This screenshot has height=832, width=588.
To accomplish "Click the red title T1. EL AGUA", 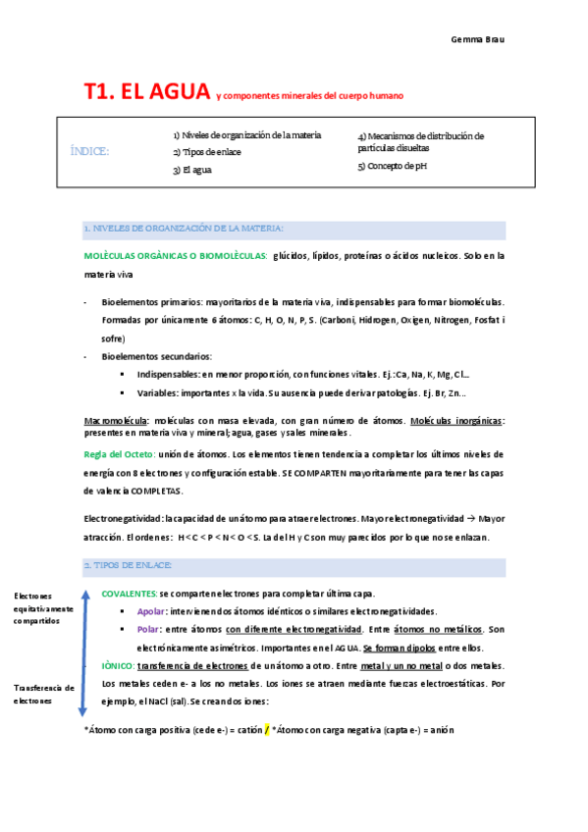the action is [147, 92].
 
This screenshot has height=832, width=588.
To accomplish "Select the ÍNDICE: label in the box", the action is [90, 150].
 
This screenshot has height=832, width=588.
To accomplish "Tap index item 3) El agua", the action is [192, 170].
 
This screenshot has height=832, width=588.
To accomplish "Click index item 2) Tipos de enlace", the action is [207, 152].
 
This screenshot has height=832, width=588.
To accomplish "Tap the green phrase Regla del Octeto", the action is [120, 454].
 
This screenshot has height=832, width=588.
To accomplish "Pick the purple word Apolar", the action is [151, 611].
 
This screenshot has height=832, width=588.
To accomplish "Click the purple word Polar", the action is [149, 629].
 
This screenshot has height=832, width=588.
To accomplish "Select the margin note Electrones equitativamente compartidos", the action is [43, 609].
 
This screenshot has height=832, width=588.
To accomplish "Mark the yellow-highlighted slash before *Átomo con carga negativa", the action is [266, 730].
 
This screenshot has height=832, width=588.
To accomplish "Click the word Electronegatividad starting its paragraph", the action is [123, 519].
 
